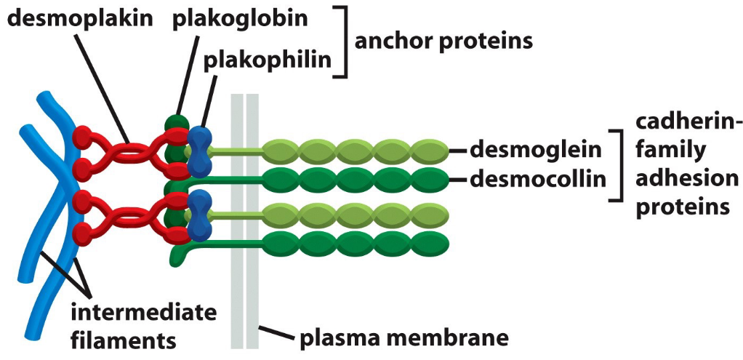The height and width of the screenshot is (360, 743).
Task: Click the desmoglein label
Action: [x=537, y=150]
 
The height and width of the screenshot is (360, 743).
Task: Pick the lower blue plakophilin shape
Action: [x=198, y=217]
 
